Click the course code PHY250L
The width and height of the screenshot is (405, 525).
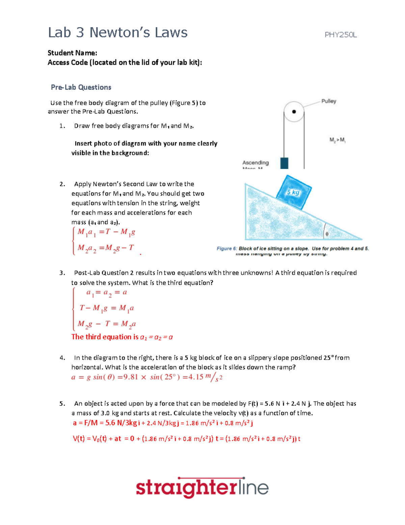point(341,35)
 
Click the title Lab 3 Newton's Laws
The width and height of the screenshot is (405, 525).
point(117,33)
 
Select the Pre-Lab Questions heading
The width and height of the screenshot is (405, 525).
point(81,87)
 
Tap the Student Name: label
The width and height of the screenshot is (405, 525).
point(72,53)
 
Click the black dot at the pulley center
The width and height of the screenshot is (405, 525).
point(294,112)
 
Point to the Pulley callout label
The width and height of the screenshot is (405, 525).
point(328,101)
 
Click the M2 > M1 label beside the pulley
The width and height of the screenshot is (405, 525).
point(337,140)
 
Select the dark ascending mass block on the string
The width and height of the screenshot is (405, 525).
point(284,163)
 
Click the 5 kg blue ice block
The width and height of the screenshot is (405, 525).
point(293,192)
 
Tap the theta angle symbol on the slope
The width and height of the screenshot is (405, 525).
point(327,234)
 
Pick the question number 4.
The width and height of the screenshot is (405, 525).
point(62,358)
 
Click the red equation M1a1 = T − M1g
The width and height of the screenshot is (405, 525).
point(106,232)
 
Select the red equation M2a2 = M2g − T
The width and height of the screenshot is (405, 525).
point(105,248)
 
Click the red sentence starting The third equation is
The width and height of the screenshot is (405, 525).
point(122,337)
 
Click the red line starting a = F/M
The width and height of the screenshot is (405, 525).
point(163,423)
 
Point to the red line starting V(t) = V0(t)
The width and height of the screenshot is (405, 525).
point(186,439)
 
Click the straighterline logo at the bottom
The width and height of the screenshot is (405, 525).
point(202,488)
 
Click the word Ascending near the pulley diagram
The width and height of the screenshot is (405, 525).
point(255,163)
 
